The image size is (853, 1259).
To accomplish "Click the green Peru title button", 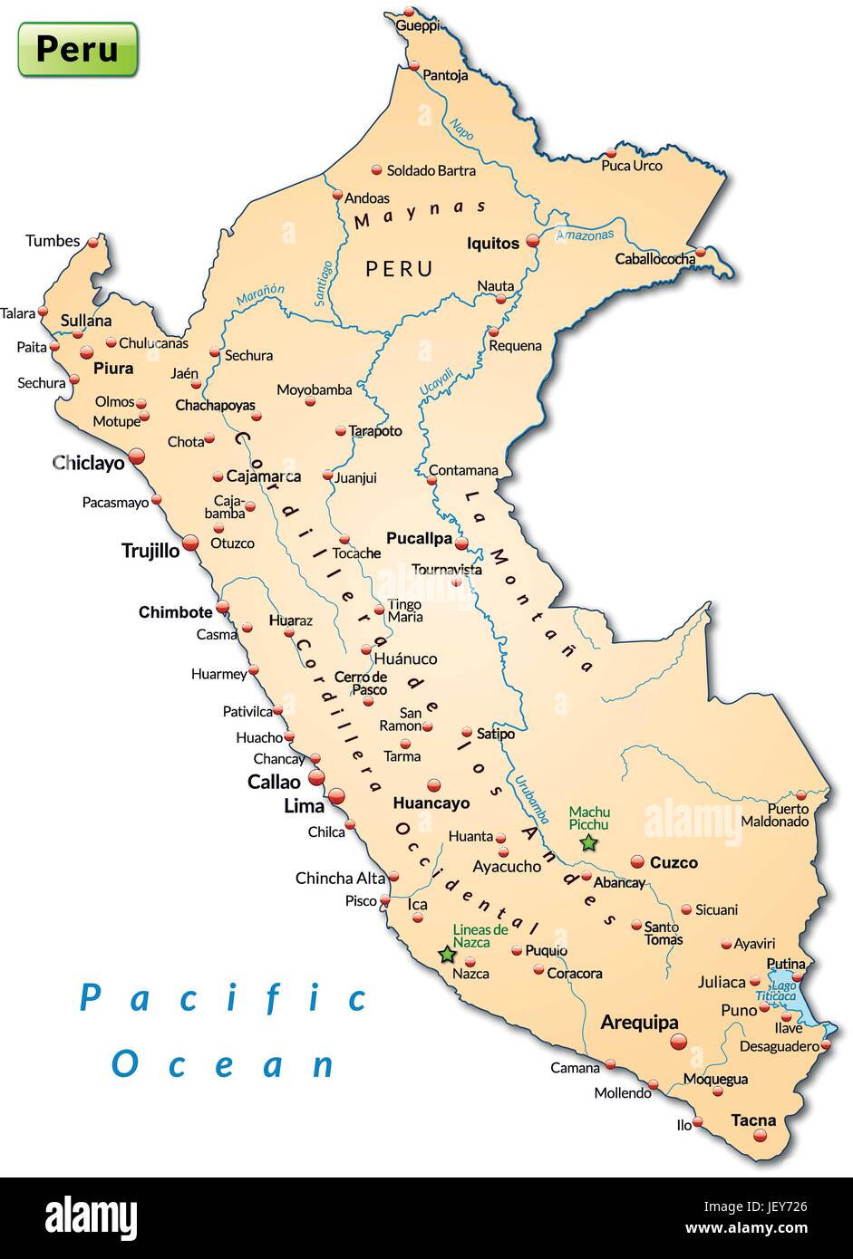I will tap(78, 49).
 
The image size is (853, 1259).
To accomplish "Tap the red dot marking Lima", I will tap(336, 796).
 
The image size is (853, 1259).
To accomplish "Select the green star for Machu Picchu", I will tap(588, 843).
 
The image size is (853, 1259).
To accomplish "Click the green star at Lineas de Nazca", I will tap(447, 955).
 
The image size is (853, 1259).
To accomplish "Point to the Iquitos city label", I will tap(493, 243).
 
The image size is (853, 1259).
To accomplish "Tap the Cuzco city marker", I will tap(637, 861).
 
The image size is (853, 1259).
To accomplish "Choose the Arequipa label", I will tap(639, 1023).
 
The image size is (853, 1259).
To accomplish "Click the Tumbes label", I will tap(53, 241).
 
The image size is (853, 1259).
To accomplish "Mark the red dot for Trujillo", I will tap(190, 543).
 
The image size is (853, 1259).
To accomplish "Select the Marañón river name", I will tap(260, 295).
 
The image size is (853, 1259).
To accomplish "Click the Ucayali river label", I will tap(436, 380).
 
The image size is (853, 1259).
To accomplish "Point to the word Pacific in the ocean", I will tap(223, 998).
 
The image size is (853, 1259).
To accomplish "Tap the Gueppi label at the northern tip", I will tap(417, 26).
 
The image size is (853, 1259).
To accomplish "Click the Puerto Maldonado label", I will tap(775, 815).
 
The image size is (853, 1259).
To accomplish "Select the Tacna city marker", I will tap(760, 1135).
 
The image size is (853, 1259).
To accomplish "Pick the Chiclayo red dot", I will tap(137, 457).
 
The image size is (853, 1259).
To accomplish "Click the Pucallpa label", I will tap(419, 538).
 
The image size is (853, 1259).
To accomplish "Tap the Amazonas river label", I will tap(585, 235).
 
